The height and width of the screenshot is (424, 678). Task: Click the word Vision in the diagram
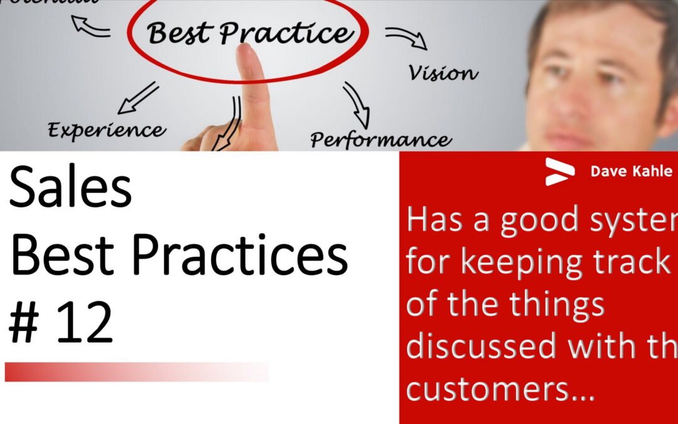point(443,73)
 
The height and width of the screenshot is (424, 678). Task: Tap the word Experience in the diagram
point(107,130)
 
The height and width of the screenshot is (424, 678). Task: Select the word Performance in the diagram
point(380,138)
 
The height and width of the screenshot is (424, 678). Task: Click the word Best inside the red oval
point(180,33)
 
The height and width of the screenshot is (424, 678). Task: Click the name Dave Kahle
point(631,171)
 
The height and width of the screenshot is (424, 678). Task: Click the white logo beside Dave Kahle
point(559,171)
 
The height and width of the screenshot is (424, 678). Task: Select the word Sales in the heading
point(70,190)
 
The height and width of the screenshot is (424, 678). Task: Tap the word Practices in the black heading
point(242,257)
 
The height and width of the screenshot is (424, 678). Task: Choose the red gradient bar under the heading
point(137,371)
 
